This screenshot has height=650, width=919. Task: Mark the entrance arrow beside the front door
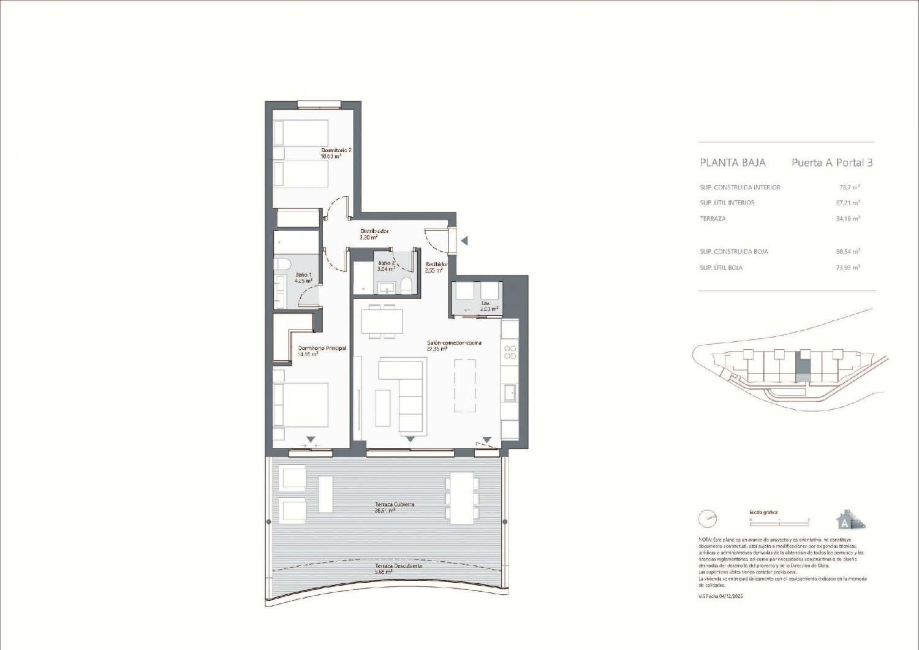(464, 241)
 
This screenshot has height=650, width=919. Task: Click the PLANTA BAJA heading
(733, 163)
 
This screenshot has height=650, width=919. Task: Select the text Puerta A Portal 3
(832, 163)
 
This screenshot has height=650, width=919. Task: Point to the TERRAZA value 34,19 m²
(848, 219)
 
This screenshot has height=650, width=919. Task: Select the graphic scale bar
(779, 521)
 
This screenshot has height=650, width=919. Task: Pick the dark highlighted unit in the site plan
(803, 369)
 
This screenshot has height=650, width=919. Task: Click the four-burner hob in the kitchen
(510, 352)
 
